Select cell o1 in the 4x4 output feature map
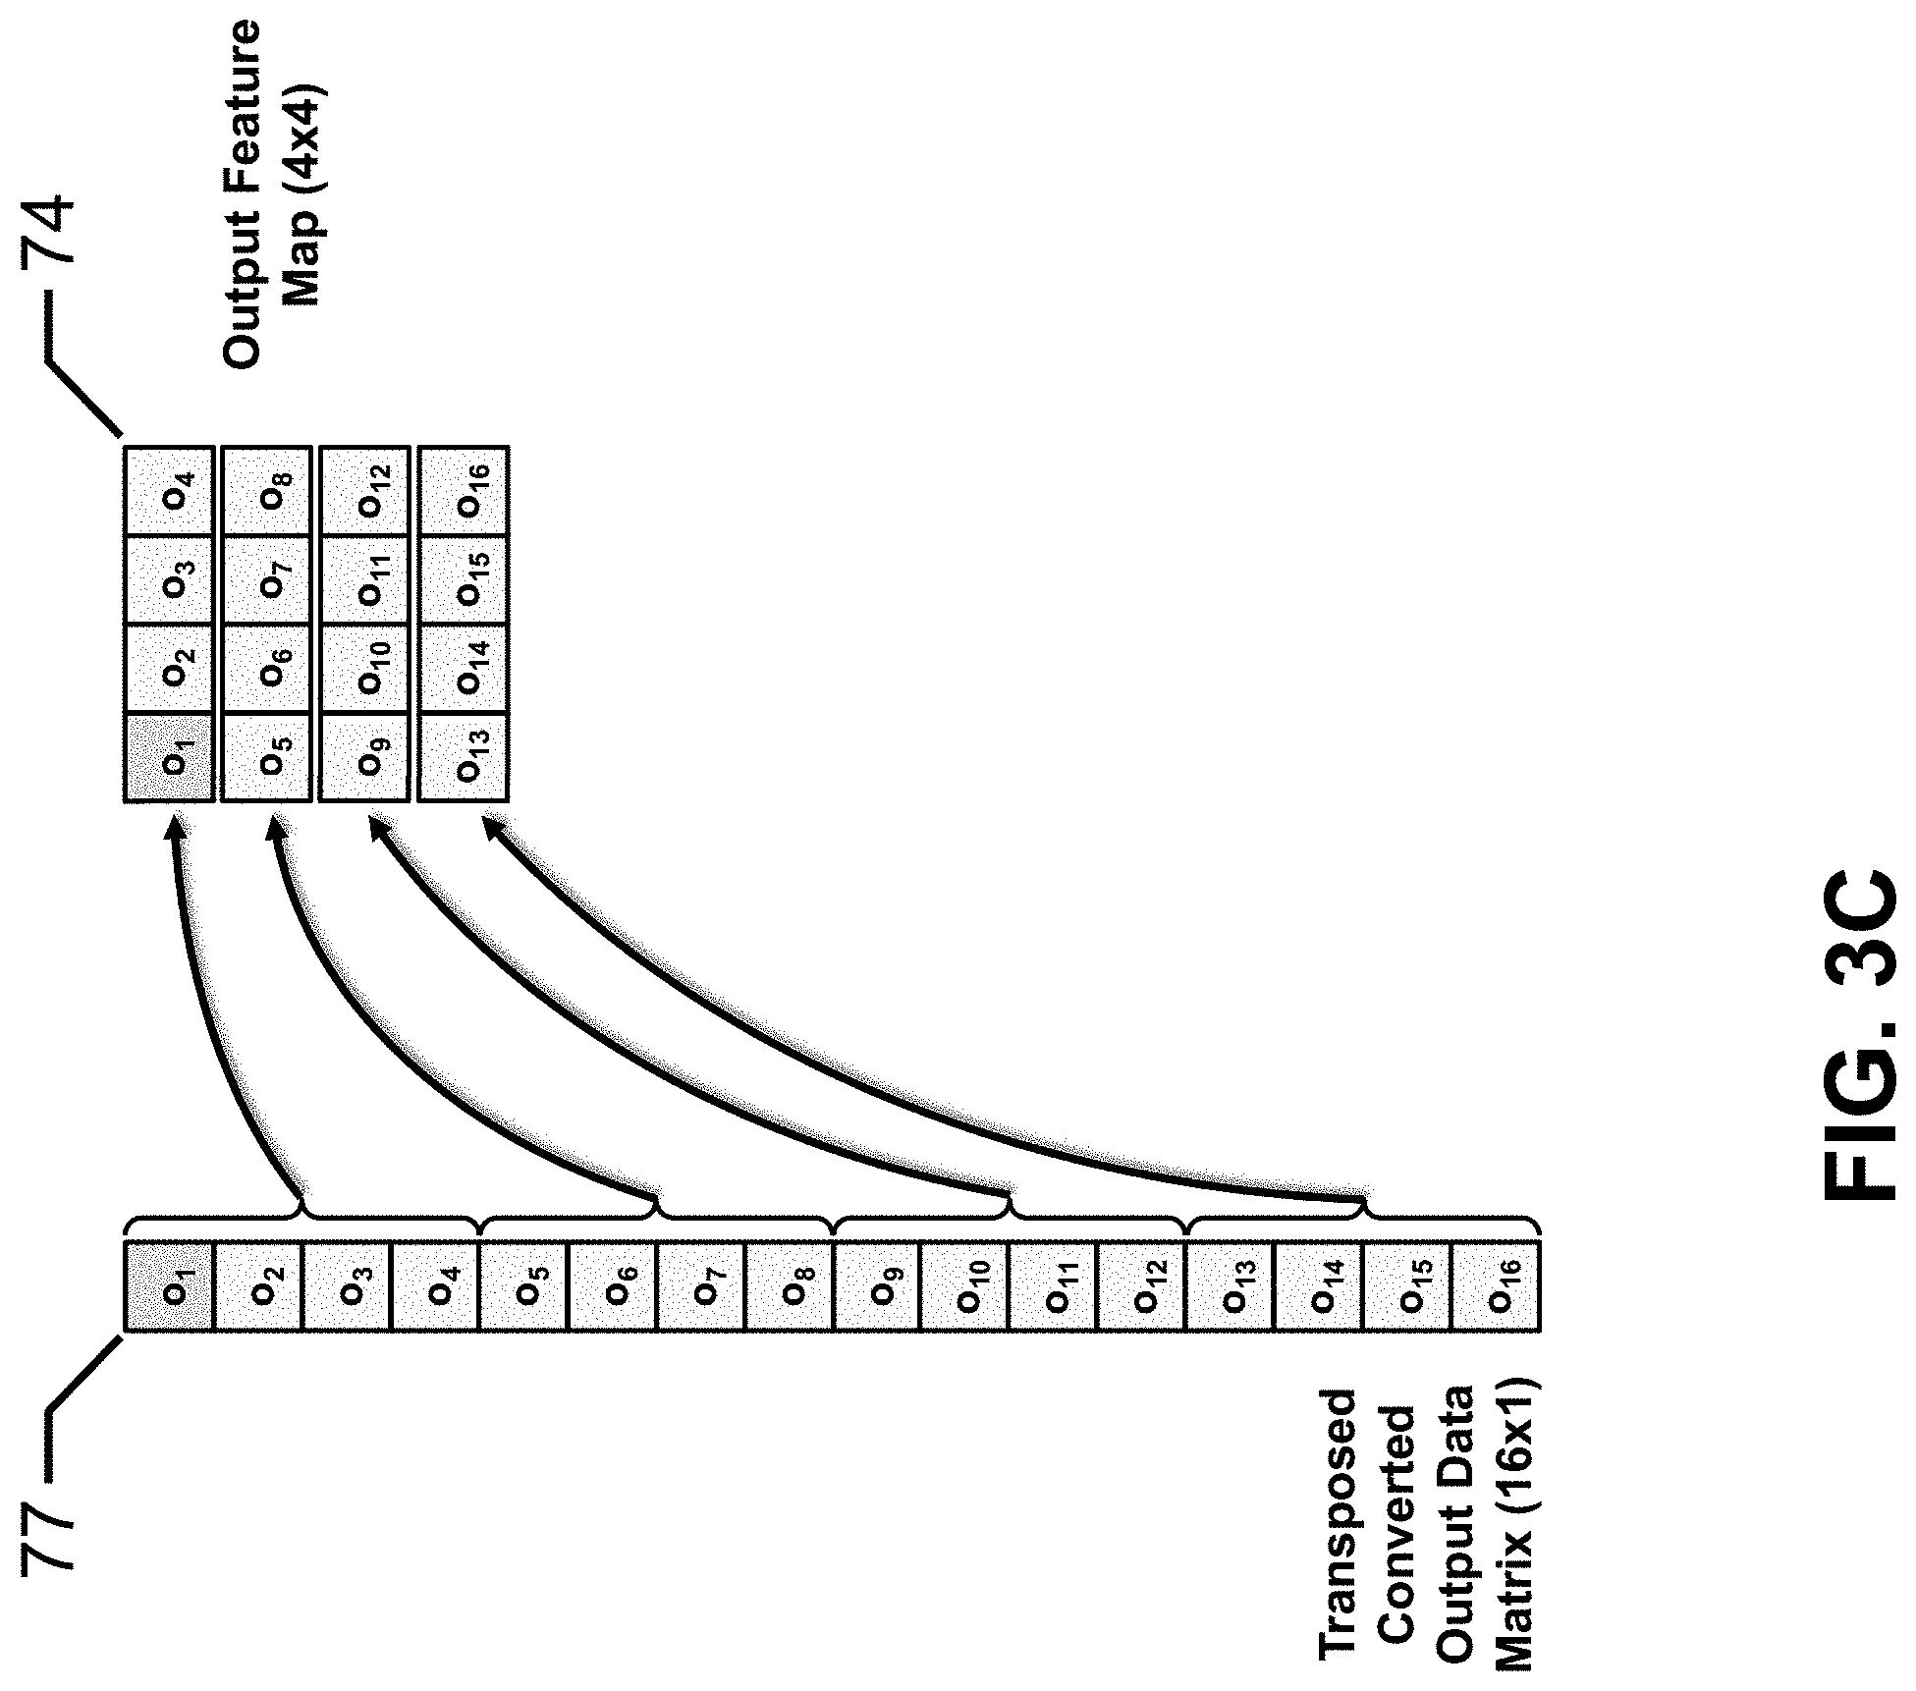[169, 758]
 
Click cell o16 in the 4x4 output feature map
[463, 491]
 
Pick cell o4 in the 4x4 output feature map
[169, 491]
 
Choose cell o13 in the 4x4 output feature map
[463, 758]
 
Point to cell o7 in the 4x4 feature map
[267, 580]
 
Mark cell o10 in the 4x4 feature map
[365, 669]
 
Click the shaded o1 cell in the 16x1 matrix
[169, 1286]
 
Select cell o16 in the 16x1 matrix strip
[1496, 1286]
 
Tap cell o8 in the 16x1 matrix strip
[789, 1286]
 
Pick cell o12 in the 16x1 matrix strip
[1142, 1286]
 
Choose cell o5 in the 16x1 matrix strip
[523, 1286]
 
